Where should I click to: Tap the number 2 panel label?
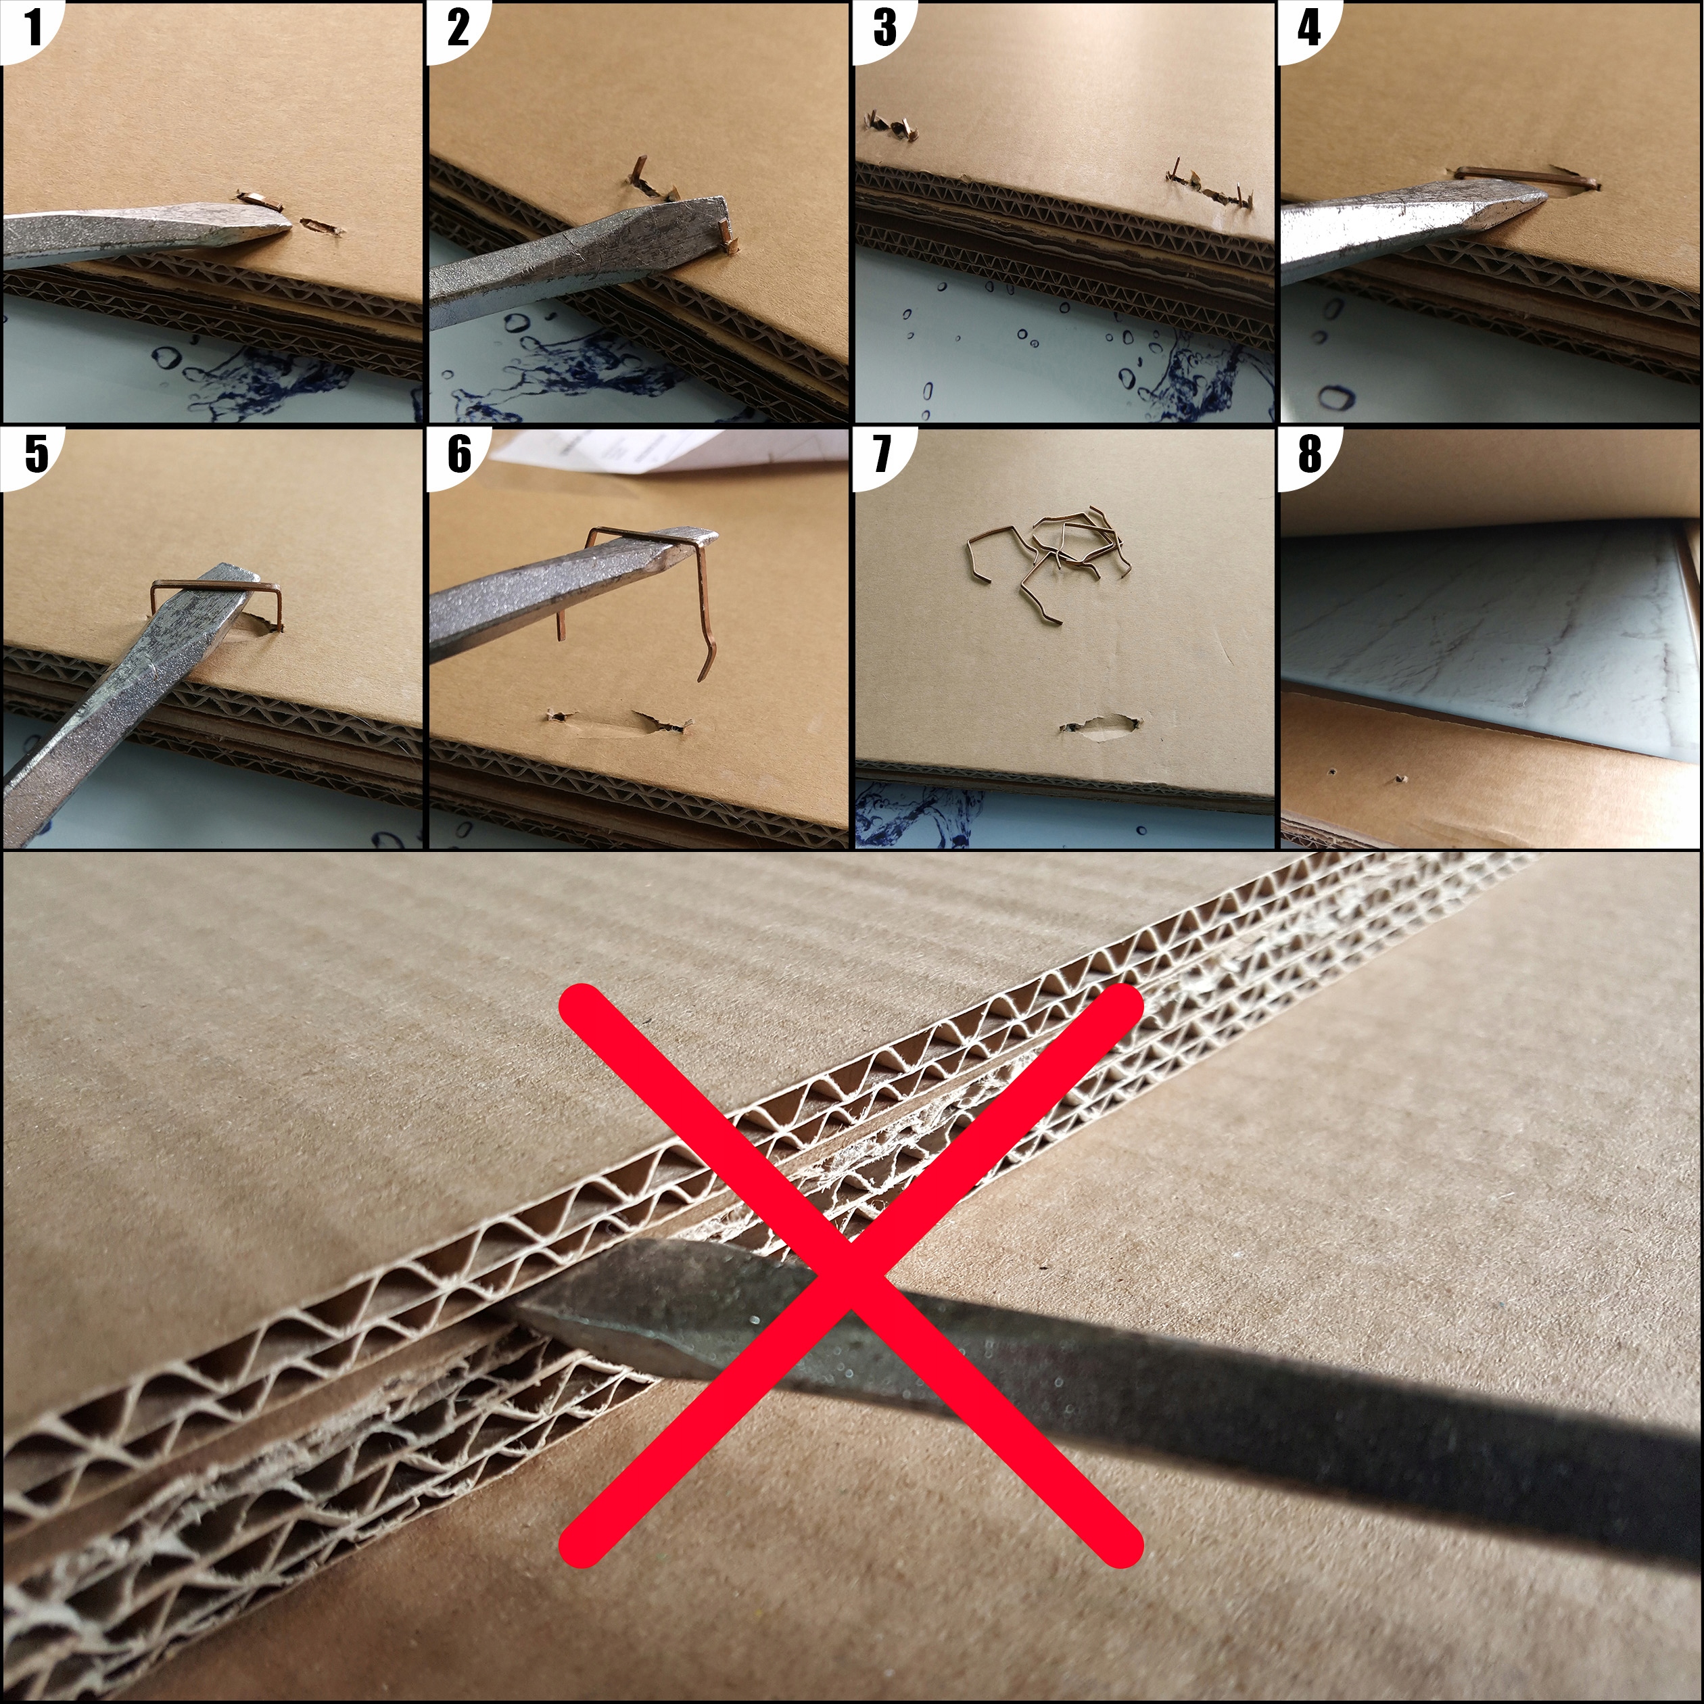[457, 28]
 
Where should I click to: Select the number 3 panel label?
[884, 28]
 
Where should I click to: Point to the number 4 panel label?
[1309, 28]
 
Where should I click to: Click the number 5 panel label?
[35, 455]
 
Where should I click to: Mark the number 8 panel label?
[1310, 455]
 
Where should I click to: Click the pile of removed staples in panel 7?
[1049, 556]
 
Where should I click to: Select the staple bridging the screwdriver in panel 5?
[216, 585]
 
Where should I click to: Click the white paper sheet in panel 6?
[670, 450]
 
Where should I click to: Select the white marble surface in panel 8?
[1482, 635]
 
